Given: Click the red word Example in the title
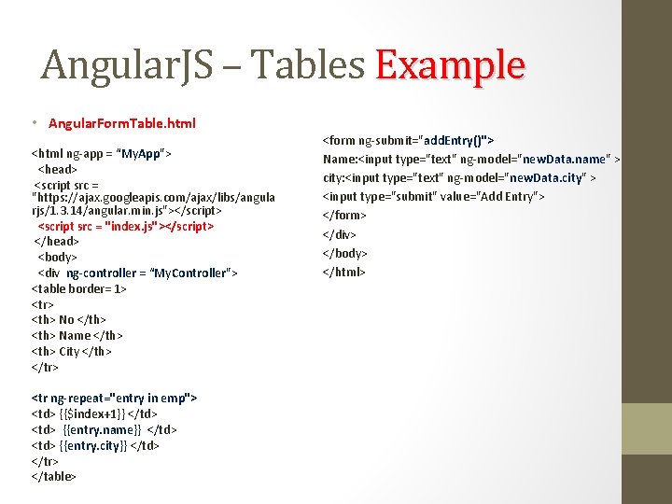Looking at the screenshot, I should tap(450, 65).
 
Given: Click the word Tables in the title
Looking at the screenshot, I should tap(309, 65).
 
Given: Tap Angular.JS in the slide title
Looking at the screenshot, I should tap(127, 65).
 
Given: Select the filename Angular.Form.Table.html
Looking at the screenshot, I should tap(122, 123).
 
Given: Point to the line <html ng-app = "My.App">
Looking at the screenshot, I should tap(101, 153).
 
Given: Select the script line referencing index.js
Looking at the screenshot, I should tap(126, 226).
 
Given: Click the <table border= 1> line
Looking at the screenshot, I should tap(79, 288).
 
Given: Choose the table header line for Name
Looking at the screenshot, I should tap(77, 335).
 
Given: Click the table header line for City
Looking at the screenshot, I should tap(72, 351).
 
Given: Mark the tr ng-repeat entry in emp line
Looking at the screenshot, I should tap(114, 398).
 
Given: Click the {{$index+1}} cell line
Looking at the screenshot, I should tap(94, 413).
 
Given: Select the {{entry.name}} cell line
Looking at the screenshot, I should tap(105, 429).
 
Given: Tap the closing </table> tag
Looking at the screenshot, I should tap(54, 476).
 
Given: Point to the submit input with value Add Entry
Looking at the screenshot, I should tap(433, 196).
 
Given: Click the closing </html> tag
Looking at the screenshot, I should tap(344, 272).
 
